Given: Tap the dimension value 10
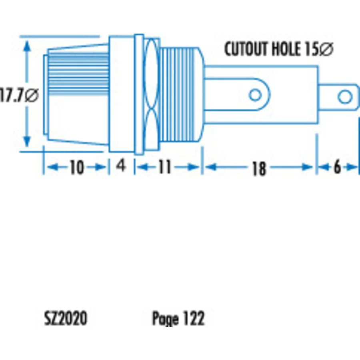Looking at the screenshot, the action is coord(76,167).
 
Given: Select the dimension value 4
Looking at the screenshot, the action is coord(121,165).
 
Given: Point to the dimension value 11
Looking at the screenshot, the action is coord(165,167).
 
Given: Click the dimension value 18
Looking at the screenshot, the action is coord(259,168).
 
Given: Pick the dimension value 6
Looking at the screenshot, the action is coord(337,167).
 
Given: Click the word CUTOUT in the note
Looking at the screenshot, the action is coord(246,49).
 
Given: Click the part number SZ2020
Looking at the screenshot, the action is coord(66,318).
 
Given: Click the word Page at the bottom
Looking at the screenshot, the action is coord(165,319).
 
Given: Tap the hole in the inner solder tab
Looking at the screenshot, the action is coord(255,95).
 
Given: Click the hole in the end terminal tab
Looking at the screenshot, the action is coord(345,97).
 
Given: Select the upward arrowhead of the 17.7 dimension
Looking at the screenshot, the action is coord(27,46).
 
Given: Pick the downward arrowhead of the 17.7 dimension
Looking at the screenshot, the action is coord(27,141).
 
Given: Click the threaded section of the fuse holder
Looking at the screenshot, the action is coord(177,94).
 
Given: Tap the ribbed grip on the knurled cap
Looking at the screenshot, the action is coord(78,74).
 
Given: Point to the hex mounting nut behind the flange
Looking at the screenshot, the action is coord(151,94).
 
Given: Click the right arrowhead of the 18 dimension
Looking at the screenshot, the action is coord(308,167).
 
